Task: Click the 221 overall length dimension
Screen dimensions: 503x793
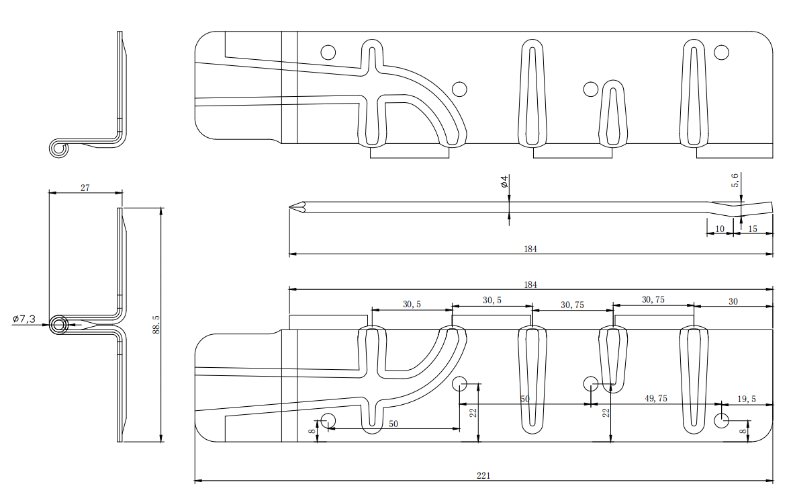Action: pos(483,475)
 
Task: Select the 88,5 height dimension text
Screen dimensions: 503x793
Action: pos(156,326)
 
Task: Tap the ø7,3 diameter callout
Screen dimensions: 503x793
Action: pos(24,319)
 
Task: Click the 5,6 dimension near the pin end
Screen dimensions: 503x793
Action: pos(735,180)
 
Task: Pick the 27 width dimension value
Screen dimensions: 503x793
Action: pos(85,188)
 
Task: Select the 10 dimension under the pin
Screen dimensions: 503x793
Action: pos(719,229)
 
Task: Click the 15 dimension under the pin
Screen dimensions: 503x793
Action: pos(752,229)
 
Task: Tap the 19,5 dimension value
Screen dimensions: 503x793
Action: pos(747,399)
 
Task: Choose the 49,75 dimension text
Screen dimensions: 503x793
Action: pos(655,399)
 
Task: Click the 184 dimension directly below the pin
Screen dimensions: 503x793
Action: pos(530,249)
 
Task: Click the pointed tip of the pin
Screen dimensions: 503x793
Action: pos(291,207)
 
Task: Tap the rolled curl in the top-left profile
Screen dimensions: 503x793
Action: pos(59,149)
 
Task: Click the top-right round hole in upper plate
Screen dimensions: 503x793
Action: pos(721,52)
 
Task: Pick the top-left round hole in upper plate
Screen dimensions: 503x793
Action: pos(328,52)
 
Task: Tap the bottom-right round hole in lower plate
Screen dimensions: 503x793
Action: pos(721,421)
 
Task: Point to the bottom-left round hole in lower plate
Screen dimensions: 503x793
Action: pos(328,421)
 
